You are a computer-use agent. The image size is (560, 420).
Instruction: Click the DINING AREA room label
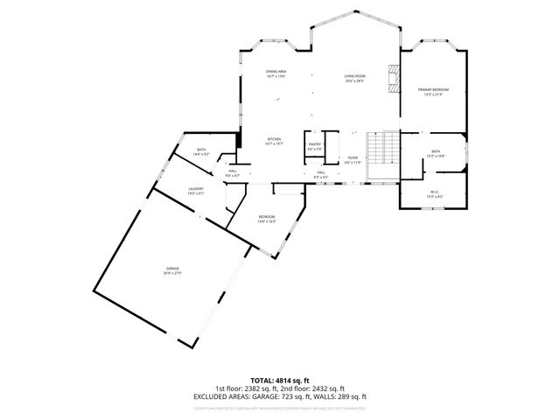point(276,72)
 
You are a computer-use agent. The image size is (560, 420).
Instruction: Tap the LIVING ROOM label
point(354,76)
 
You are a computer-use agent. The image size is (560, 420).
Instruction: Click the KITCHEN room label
point(274,139)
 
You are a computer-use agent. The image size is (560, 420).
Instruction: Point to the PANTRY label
point(315,146)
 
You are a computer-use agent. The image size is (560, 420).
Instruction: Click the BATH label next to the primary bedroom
point(435,152)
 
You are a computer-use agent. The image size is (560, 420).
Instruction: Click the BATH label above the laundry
point(201,150)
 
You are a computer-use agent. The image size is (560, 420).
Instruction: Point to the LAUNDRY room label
point(196,188)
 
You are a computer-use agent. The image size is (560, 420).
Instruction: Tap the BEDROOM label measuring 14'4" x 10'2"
point(267,216)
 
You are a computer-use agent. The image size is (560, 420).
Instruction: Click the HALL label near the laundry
point(233,171)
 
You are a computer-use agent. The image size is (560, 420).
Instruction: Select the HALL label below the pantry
point(321,172)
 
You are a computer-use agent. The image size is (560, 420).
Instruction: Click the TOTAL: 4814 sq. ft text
point(280,380)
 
